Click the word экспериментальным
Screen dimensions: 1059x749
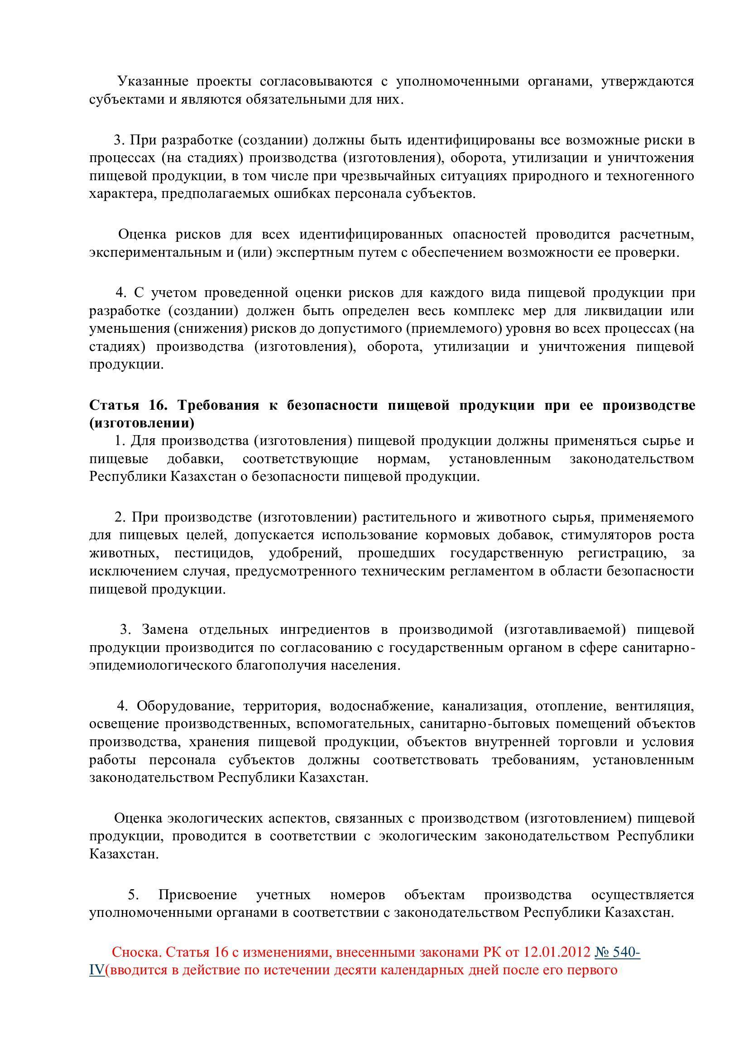[157, 253]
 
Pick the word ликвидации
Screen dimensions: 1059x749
[619, 311]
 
